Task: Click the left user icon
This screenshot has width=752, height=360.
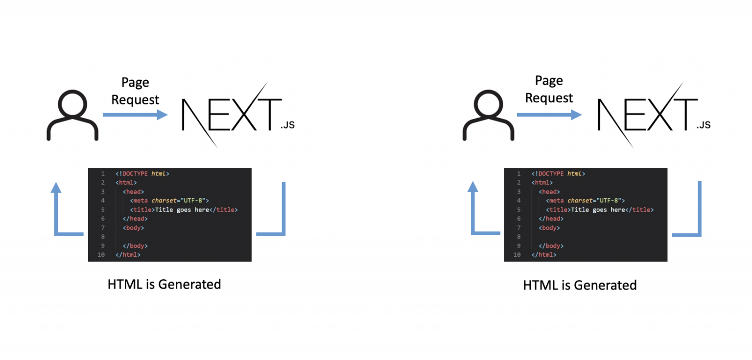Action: click(72, 115)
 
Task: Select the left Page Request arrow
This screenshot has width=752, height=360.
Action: click(135, 115)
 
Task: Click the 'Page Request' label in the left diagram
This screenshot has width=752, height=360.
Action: click(135, 91)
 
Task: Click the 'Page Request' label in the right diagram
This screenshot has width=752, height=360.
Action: click(549, 89)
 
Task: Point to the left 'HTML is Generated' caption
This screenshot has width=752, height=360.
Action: click(164, 284)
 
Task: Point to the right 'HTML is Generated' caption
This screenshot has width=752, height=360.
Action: click(580, 285)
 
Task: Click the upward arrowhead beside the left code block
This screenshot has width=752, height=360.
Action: click(57, 188)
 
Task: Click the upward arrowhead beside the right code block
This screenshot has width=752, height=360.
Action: click(473, 186)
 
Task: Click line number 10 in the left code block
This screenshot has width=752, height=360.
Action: click(101, 255)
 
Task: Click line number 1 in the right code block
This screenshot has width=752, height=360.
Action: click(518, 173)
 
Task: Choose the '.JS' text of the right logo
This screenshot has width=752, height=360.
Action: click(703, 125)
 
